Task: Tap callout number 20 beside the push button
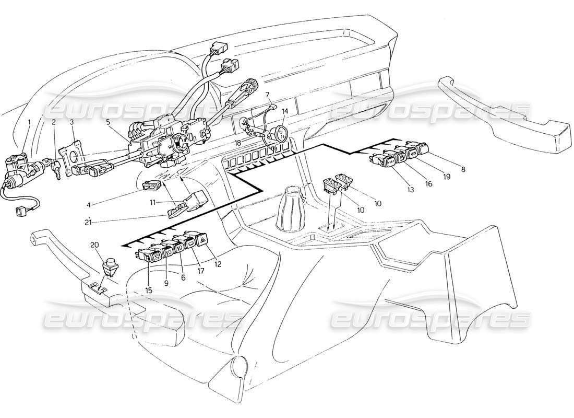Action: click(94, 245)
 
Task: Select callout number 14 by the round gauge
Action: click(285, 111)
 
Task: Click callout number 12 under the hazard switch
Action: click(218, 264)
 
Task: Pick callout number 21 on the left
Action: click(89, 223)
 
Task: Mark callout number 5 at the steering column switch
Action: click(107, 123)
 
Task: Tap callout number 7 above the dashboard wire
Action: click(267, 95)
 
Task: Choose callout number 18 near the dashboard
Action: click(237, 142)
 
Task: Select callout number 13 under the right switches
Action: click(411, 190)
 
